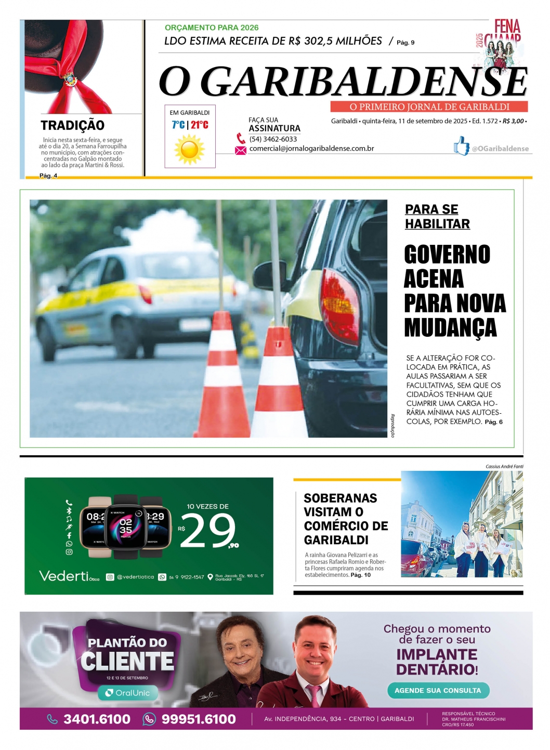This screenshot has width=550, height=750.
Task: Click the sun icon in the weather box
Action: pos(190,149)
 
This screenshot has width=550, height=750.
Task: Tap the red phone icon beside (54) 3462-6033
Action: pos(241,139)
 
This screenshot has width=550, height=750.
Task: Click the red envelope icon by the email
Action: pos(240,150)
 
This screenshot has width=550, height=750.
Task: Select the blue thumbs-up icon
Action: pos(461,146)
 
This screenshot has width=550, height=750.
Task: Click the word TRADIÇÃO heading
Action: pos(73,125)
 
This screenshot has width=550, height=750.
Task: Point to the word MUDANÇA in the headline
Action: pos(450,327)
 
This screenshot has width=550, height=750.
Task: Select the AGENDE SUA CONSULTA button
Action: pos(438,690)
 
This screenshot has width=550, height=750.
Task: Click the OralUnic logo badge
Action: pos(128,693)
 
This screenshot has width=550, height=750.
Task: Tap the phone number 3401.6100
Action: pos(97,719)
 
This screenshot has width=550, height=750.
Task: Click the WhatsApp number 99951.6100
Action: pos(199,719)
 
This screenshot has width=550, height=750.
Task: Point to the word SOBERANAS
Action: pos(341,498)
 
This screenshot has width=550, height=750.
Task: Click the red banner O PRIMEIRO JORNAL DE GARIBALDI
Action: pos(429,107)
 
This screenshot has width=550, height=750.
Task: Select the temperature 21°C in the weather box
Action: pos(200,125)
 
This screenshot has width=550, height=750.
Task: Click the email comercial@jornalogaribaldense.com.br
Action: pos(311,149)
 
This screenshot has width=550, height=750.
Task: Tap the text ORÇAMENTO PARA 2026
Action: pos(212,28)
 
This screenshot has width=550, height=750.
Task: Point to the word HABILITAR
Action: pos(437,224)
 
